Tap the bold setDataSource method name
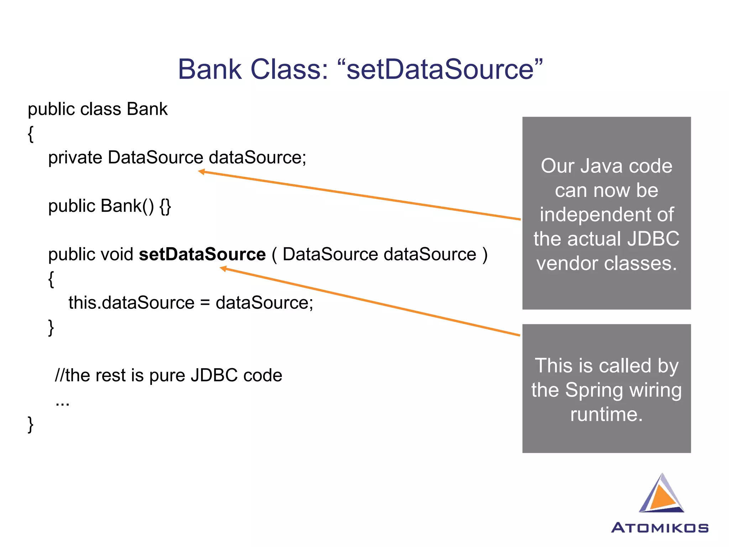pyautogui.click(x=202, y=254)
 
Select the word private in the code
pyautogui.click(x=75, y=158)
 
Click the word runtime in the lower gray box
pyautogui.click(x=606, y=415)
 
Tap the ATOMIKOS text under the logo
pyautogui.click(x=660, y=528)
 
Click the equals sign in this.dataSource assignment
pyautogui.click(x=205, y=303)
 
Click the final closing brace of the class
pyautogui.click(x=31, y=424)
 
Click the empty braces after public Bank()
pyautogui.click(x=165, y=206)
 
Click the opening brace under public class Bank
pyautogui.click(x=31, y=134)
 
